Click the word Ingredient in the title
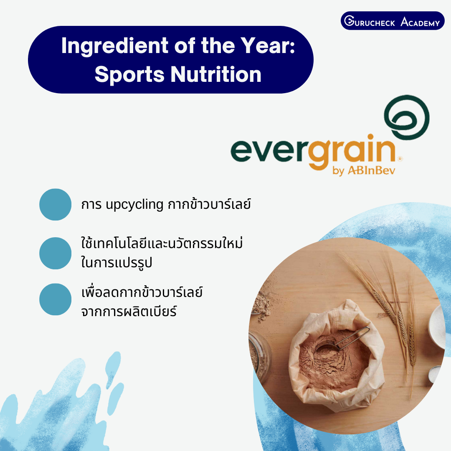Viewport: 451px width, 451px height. coord(115,46)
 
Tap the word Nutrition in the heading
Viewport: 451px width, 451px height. coord(216,74)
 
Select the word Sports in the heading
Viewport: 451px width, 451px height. coord(129,75)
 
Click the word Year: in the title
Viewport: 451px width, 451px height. coord(268,46)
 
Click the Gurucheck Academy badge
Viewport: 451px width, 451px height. coord(392,21)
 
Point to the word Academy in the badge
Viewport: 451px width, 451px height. coord(420,22)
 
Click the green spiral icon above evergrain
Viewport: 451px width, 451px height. coord(407,117)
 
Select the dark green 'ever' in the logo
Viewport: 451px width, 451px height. coord(269,151)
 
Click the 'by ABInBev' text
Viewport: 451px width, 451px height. coord(364,170)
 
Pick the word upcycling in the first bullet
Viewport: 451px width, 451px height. coord(134,205)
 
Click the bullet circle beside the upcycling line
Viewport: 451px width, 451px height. coord(55,205)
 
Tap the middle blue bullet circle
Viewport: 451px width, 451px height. coord(55,253)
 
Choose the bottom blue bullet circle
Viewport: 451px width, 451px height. coord(55,299)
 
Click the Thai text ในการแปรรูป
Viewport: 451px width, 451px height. coord(117,262)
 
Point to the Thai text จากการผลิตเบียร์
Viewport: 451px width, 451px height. coord(129,311)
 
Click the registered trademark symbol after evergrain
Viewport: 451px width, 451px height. coord(400,159)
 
